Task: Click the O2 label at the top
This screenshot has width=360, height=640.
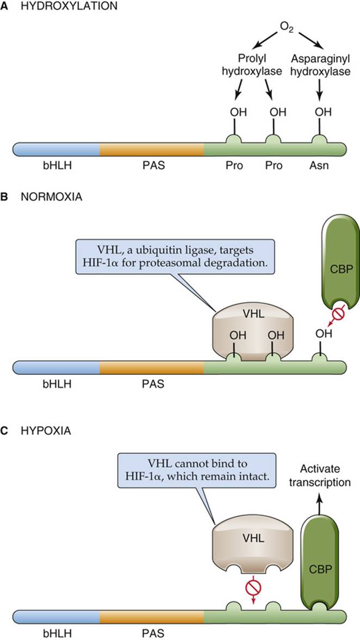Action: (287, 27)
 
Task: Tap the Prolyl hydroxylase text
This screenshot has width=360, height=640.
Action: (252, 66)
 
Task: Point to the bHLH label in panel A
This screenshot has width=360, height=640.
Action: (57, 167)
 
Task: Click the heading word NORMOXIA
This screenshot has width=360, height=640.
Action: (51, 197)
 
